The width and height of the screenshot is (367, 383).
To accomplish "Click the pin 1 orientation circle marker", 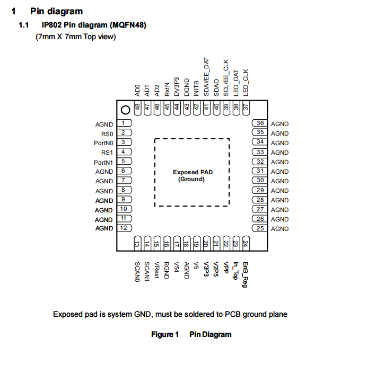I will pos(126,110).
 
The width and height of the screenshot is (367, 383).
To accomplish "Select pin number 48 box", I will pos(138,107).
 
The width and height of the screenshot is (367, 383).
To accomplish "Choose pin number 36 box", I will pos(259,123).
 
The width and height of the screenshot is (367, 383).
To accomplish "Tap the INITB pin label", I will pos(196,87).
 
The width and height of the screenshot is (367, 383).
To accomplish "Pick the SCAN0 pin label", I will pos(137,272).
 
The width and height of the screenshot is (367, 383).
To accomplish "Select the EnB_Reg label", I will pos(245,274).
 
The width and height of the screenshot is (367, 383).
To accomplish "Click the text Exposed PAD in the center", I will pos(192,172).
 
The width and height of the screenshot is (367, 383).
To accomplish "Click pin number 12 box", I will pos(124,228).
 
